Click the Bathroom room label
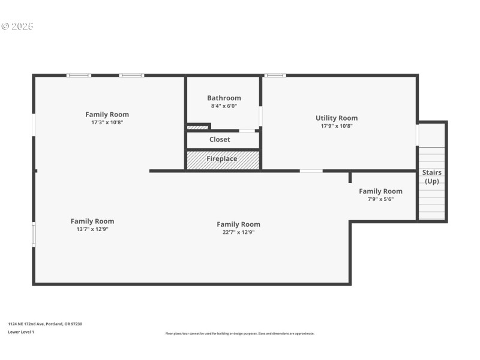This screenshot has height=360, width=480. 224,98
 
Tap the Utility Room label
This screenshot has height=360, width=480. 337,118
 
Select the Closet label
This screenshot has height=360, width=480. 220,140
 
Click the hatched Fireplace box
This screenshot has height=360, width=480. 223,160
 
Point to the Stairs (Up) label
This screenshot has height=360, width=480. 431,177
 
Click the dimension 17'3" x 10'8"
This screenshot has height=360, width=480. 107,122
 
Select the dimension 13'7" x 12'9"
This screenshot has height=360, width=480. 92,229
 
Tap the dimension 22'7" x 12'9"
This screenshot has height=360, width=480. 238,232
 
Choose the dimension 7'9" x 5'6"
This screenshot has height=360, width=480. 380,199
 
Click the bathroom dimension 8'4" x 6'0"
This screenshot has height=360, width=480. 224,106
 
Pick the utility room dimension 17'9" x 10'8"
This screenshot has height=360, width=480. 337,126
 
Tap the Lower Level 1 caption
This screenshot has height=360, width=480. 21,332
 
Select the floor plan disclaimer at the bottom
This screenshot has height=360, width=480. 240,334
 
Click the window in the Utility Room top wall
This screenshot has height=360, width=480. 275,76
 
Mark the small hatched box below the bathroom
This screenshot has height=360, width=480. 197,127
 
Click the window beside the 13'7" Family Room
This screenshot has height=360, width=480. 34,234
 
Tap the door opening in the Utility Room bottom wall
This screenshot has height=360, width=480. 311,171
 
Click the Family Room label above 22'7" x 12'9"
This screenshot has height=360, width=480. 238,224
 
